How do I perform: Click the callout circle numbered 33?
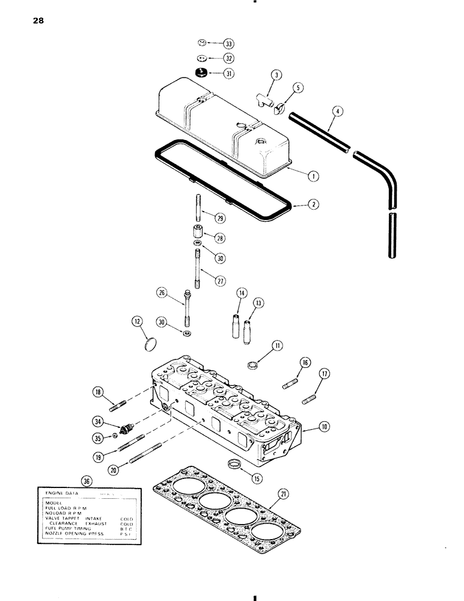tap(228, 44)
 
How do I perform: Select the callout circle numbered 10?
tap(325, 427)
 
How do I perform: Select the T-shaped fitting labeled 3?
tap(264, 98)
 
